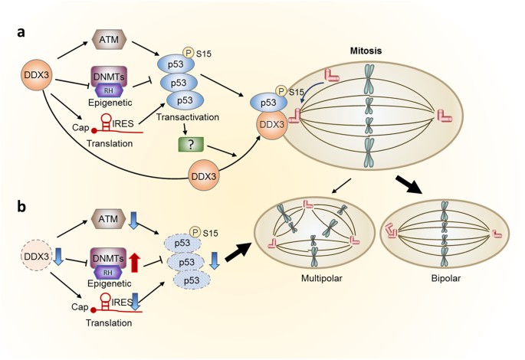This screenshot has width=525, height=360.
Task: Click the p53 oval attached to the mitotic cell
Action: [265, 101]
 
